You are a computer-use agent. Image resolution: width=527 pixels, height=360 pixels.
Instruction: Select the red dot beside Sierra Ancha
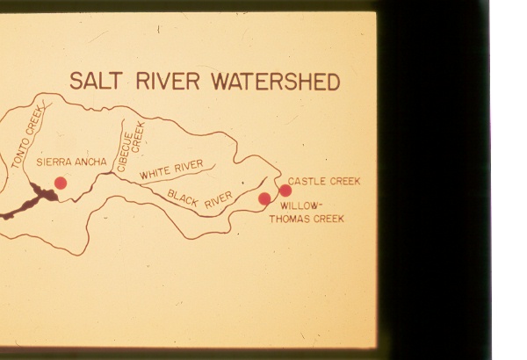click(61, 183)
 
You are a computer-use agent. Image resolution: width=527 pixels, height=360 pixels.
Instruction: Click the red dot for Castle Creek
click(285, 191)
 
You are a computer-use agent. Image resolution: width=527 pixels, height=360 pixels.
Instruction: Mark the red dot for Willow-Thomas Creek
click(264, 199)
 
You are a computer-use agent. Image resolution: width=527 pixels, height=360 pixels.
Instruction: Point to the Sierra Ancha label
click(72, 162)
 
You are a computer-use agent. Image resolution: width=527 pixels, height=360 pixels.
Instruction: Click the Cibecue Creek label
click(134, 140)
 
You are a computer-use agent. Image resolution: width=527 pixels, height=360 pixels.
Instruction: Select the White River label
click(170, 168)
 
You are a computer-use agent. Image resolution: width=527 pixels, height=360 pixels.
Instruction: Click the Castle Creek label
click(323, 181)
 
